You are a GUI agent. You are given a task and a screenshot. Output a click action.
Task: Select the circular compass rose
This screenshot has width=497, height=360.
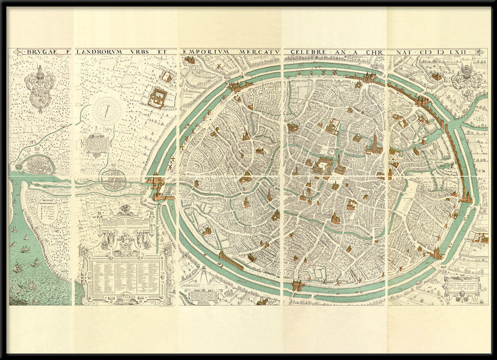(106, 112)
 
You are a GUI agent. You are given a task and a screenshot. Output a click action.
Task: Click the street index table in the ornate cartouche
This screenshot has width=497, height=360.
(124, 273)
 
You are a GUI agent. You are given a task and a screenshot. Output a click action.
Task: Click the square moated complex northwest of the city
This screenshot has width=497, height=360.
(159, 97)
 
